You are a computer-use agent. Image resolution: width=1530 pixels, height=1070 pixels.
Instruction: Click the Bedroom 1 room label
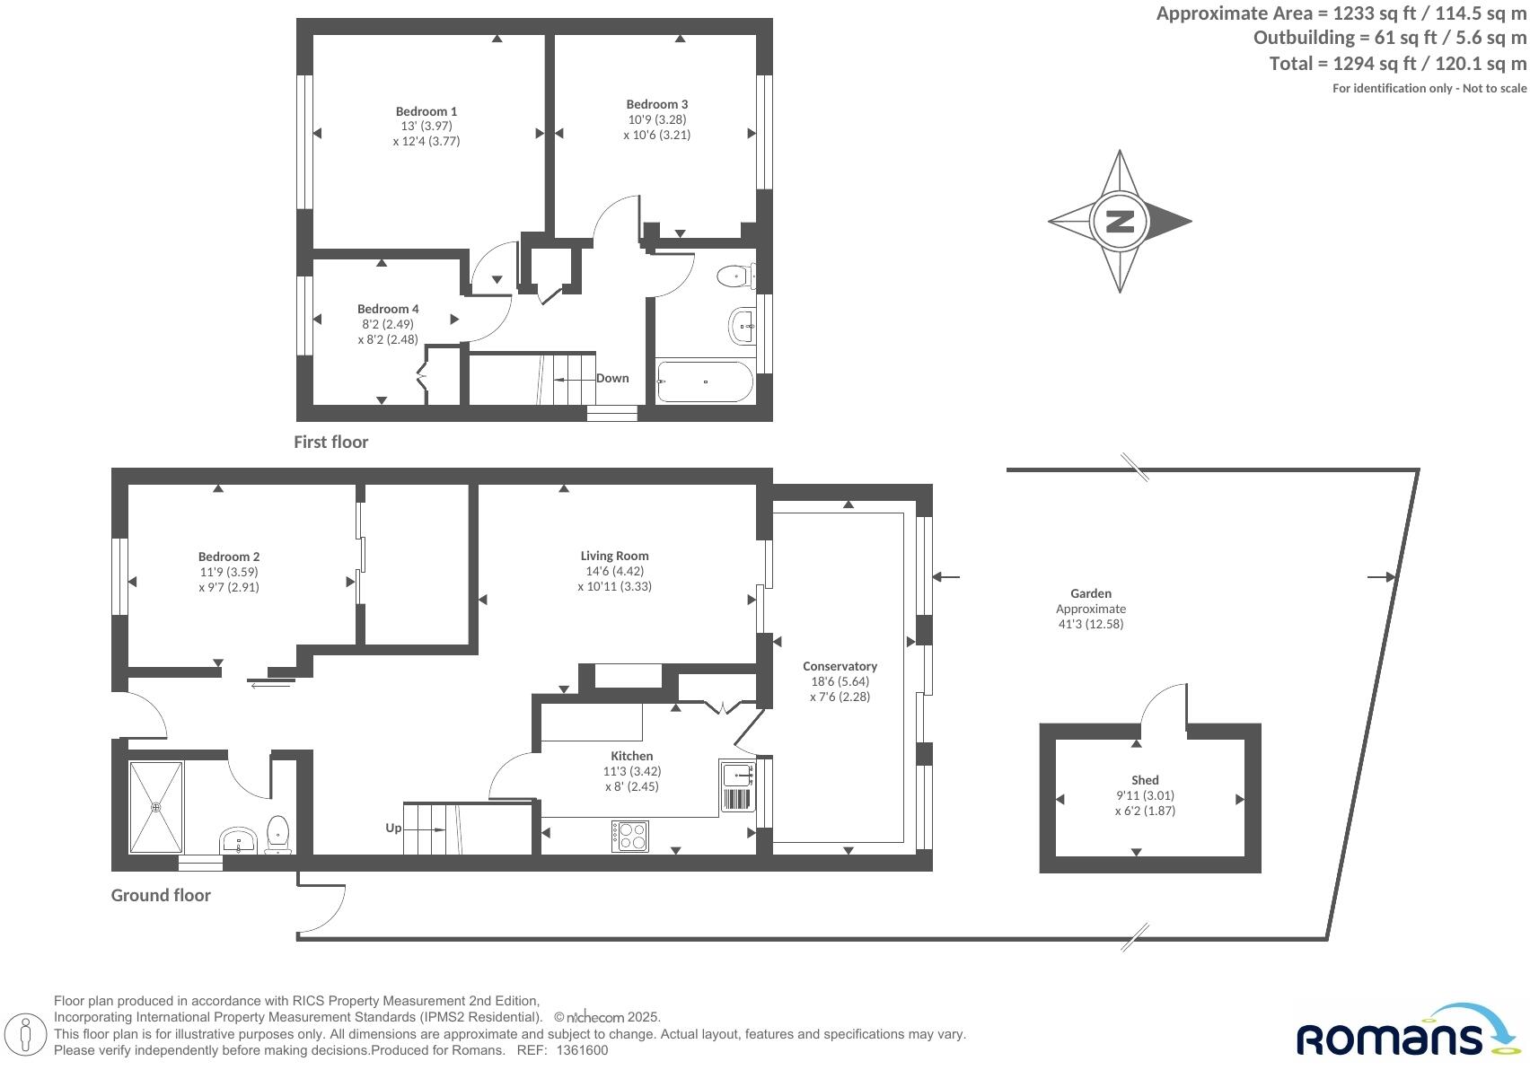pos(426,111)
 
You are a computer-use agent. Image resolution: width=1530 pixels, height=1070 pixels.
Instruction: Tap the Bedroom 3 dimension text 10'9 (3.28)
pos(657,119)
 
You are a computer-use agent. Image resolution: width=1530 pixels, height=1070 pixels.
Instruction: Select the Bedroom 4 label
pos(388,309)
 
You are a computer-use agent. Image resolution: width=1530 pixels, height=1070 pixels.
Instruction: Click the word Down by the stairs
pos(612,378)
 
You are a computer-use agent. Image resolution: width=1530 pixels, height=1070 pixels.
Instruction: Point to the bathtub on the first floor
pos(705,382)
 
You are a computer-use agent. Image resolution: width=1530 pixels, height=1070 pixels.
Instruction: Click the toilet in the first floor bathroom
pos(735,276)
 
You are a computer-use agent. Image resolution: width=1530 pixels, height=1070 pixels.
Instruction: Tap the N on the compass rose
pos(1120,221)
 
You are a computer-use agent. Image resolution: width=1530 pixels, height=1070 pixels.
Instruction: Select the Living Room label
pos(614,556)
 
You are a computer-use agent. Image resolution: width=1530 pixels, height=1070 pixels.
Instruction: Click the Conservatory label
pos(840,666)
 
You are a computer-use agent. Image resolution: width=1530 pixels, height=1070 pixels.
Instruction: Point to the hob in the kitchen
pos(630,836)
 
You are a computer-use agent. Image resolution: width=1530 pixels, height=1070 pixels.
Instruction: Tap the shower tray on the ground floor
pos(156,806)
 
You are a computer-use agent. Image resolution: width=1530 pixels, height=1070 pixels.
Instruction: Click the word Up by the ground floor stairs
pos(393,828)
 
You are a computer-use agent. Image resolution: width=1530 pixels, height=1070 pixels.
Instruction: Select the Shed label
pos(1145,780)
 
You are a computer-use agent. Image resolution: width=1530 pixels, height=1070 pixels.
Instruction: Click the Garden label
pos(1091,593)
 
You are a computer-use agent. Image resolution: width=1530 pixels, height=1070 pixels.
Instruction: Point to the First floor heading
pos(330,442)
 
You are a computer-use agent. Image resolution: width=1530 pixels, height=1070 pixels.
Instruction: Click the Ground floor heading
pos(161,895)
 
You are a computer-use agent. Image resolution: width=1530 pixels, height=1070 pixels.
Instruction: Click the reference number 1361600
pos(583,1050)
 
